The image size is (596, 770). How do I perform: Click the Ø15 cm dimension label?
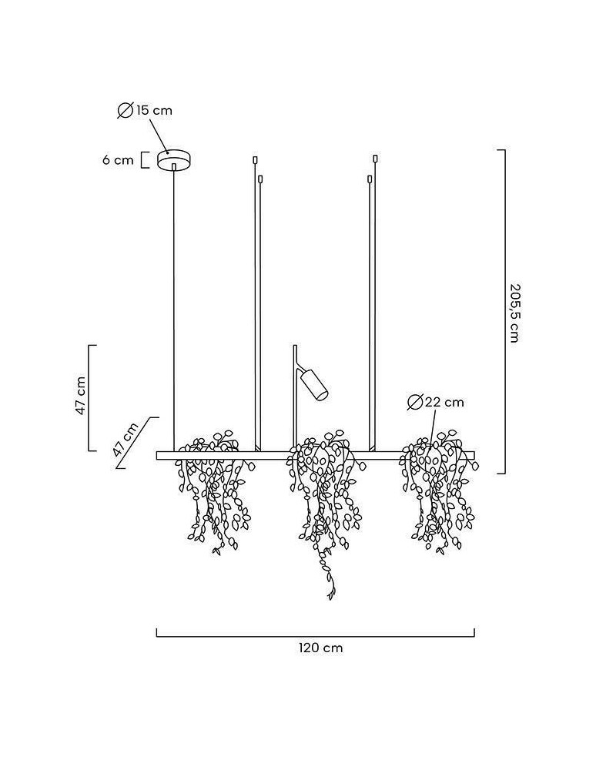pos(145,110)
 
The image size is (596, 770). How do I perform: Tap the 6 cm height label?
pos(118,160)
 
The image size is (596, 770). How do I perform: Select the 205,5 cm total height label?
pos(514,313)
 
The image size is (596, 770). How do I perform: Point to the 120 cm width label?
pos(320,648)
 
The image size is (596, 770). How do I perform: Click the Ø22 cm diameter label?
pos(436,402)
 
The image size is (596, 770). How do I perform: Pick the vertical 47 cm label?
pos(81,396)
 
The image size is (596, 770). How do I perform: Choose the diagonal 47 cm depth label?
pos(126,439)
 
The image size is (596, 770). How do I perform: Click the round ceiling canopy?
pos(173,159)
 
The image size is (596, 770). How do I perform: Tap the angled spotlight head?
pos(315,384)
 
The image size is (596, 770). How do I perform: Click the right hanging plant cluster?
pos(438,491)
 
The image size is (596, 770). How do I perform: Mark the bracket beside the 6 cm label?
pos(145,160)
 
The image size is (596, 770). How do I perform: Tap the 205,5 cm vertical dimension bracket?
pos(501,311)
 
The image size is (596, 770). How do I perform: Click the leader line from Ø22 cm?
pos(433,428)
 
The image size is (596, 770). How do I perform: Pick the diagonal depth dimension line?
pos(138,443)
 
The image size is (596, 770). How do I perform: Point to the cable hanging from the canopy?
pos(174,307)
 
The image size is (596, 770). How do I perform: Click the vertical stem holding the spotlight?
pos(295,398)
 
